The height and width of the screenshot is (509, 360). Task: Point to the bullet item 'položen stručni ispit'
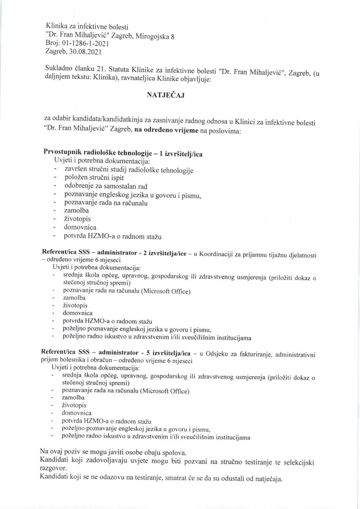pyautogui.click(x=94, y=177)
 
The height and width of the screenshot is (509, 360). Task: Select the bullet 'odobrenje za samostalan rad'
pyautogui.click(x=105, y=186)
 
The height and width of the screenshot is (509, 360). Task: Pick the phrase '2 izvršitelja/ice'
pyautogui.click(x=165, y=254)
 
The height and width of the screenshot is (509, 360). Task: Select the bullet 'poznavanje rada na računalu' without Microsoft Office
pyautogui.click(x=105, y=203)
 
